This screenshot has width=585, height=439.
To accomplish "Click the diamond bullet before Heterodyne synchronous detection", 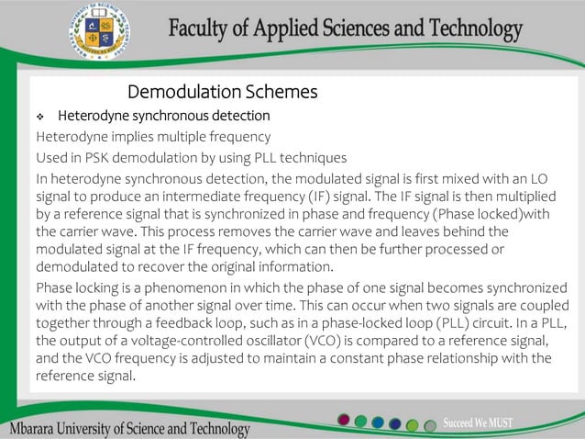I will click(x=40, y=117).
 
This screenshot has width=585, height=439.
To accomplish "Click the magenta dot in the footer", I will click(x=344, y=420).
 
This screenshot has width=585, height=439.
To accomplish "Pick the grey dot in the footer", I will click(x=429, y=425).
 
